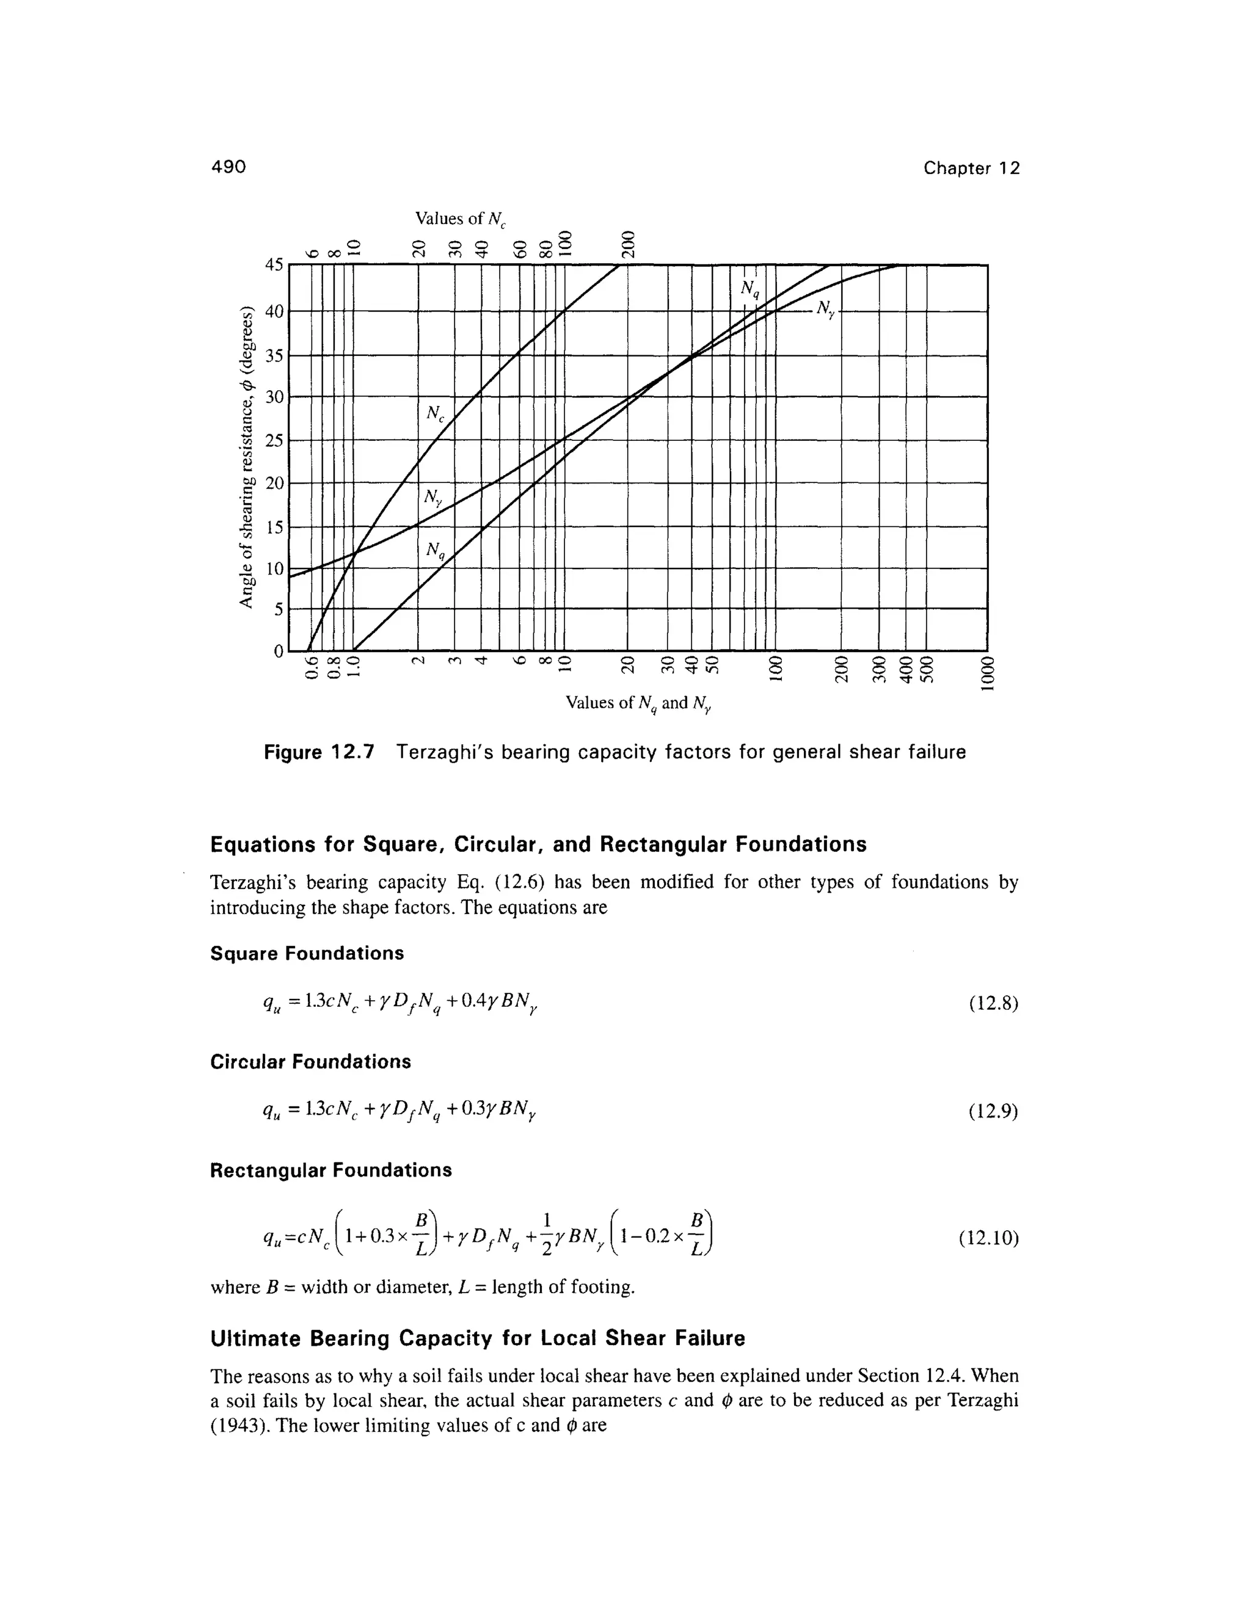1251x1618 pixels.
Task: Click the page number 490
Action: pyautogui.click(x=227, y=167)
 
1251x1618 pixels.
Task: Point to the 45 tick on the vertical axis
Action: pyautogui.click(x=274, y=265)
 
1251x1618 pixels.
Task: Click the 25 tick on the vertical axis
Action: pyautogui.click(x=274, y=441)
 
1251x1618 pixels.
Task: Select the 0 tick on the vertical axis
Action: pyautogui.click(x=277, y=651)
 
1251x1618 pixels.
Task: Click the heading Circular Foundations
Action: pyautogui.click(x=310, y=1062)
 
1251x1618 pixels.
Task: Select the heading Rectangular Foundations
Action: pyautogui.click(x=330, y=1170)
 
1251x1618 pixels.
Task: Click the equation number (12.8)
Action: pyautogui.click(x=994, y=1004)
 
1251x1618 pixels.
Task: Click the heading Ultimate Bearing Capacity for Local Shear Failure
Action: pyautogui.click(x=477, y=1338)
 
